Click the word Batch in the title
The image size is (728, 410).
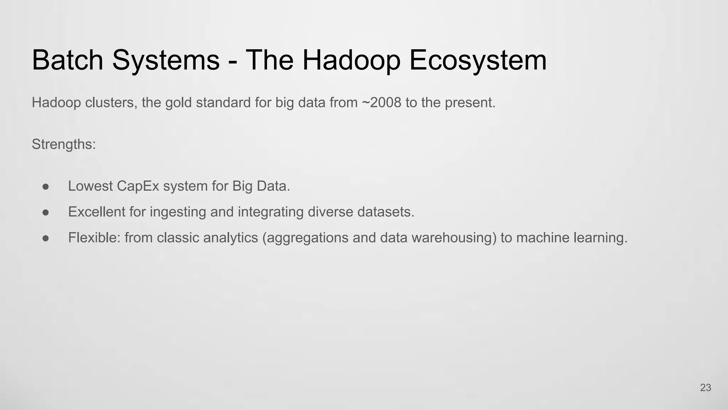(68, 60)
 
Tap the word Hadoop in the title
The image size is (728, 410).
(351, 60)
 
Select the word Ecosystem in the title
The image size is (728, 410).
(478, 60)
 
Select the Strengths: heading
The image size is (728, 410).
(64, 144)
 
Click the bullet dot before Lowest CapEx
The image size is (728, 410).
(45, 186)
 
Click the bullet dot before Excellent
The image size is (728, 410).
(45, 212)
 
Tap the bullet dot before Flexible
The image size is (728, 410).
(45, 238)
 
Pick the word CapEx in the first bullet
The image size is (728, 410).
(138, 186)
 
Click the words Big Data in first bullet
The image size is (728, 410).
(261, 186)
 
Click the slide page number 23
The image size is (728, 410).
(705, 388)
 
